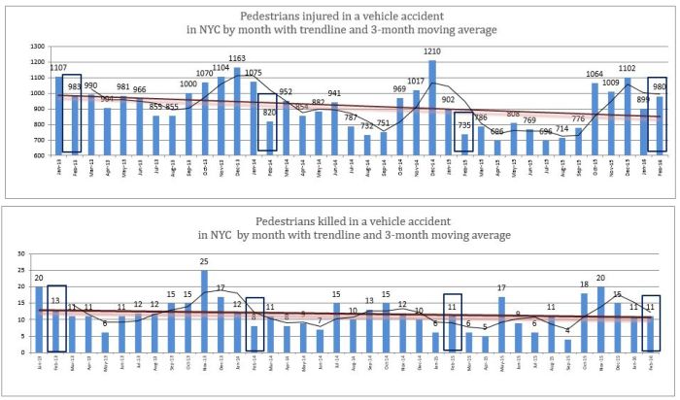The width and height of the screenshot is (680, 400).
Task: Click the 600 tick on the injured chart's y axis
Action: pyautogui.click(x=13, y=155)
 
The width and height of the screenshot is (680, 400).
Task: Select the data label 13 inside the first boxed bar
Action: pyautogui.click(x=55, y=300)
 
